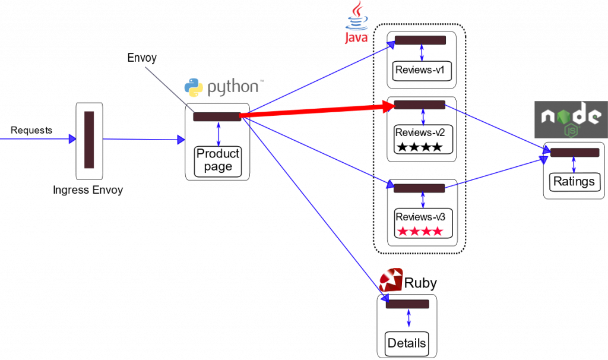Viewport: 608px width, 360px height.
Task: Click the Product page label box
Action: coord(218,160)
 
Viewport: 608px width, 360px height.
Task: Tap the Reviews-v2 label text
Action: coord(420,132)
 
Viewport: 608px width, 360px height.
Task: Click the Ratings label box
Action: coord(574,181)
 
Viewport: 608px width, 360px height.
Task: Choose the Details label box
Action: coord(407,343)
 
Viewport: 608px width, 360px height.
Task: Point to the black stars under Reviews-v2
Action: coord(420,147)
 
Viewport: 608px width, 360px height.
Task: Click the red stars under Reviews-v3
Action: coord(420,231)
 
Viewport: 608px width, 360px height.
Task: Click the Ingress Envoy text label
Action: coord(88,190)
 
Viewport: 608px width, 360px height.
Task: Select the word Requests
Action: coord(31,130)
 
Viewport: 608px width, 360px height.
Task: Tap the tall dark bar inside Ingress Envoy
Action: coord(89,140)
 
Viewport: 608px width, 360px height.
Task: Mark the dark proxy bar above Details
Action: coord(407,304)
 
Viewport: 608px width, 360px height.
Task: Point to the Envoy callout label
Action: coord(142,58)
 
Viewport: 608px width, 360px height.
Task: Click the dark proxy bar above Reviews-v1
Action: coord(420,40)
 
